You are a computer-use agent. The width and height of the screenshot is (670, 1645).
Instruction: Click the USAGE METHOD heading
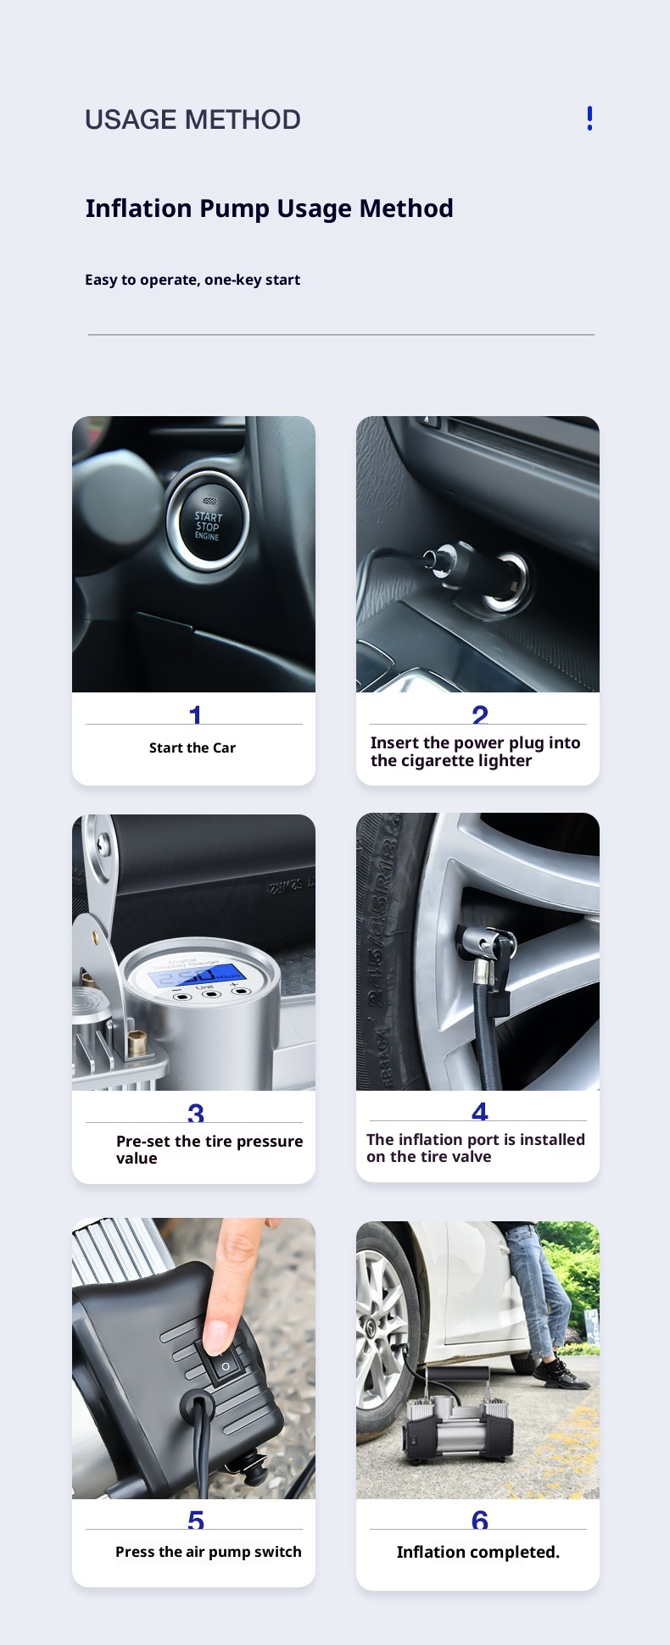click(193, 119)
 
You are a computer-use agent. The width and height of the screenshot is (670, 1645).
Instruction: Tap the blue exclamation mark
click(589, 119)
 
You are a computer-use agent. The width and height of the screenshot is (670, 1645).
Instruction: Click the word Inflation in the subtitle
click(138, 208)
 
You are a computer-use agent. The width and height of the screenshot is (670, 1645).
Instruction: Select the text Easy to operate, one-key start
click(193, 280)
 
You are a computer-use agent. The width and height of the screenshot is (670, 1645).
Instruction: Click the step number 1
click(195, 715)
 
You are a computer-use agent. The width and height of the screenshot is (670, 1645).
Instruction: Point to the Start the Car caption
click(193, 747)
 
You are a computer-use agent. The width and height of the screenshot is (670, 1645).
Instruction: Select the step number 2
click(480, 715)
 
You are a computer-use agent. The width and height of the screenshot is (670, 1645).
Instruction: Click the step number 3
click(196, 1114)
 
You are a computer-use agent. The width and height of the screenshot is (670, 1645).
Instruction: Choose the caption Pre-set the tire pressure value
click(209, 1149)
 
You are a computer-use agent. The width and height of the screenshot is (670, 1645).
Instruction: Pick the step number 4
click(480, 1111)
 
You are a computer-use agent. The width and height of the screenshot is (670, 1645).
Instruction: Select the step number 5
click(196, 1520)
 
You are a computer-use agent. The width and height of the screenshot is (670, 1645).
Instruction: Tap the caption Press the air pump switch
click(209, 1552)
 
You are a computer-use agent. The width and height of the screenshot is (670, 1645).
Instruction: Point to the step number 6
click(480, 1520)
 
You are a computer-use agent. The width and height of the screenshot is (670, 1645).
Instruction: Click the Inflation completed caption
click(478, 1552)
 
